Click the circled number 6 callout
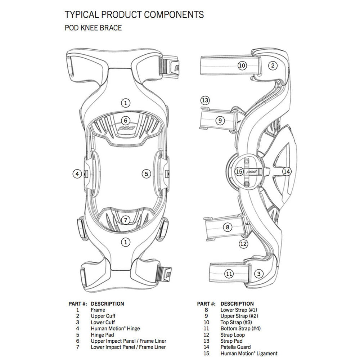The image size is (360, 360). pyautogui.click(x=125, y=121)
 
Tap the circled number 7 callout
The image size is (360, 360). pyautogui.click(x=125, y=220)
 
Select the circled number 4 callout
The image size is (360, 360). pyautogui.click(x=77, y=174)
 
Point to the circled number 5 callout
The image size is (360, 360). pyautogui.click(x=146, y=174)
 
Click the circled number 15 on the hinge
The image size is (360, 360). pyautogui.click(x=239, y=172)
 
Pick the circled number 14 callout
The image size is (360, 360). pyautogui.click(x=287, y=172)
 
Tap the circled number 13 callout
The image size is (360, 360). pyautogui.click(x=205, y=100)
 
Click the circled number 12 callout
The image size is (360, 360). pyautogui.click(x=244, y=244)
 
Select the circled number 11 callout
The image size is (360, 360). pyautogui.click(x=229, y=274)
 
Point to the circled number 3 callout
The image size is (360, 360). pyautogui.click(x=258, y=274)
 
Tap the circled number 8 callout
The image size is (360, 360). pyautogui.click(x=227, y=227)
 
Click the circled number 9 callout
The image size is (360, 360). pyautogui.click(x=220, y=121)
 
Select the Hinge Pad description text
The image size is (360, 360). pyautogui.click(x=103, y=335)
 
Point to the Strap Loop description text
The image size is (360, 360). pyautogui.click(x=233, y=335)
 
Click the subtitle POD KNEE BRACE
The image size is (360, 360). pyautogui.click(x=93, y=28)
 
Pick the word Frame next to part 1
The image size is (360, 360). pyautogui.click(x=98, y=310)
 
